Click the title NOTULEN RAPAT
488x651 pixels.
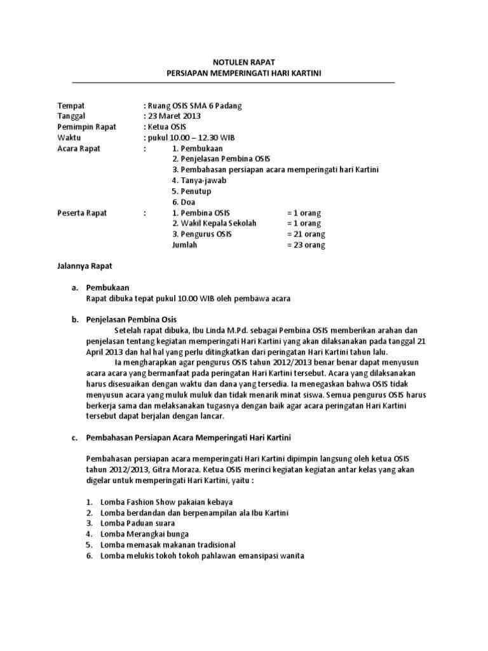244,63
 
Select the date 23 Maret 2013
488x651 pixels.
174,116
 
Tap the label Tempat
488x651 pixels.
71,106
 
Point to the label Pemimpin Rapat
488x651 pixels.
86,127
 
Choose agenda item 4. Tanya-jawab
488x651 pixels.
199,181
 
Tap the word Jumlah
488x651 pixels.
185,245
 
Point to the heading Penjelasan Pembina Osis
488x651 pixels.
132,320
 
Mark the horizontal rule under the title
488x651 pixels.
233,83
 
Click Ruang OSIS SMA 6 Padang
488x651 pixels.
194,106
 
